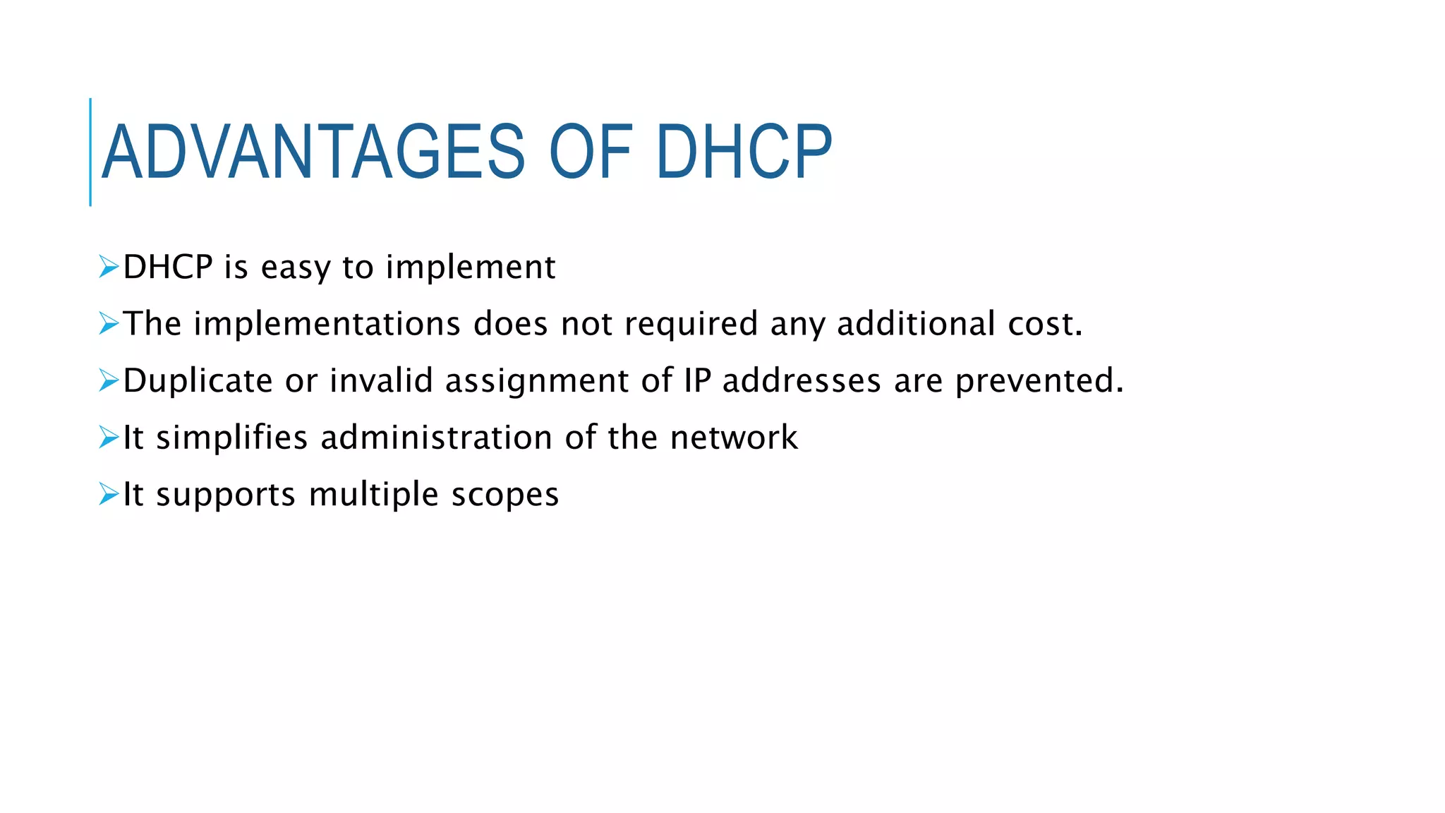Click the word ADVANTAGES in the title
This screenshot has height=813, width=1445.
pos(313,152)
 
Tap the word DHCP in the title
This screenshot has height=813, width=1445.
pos(744,152)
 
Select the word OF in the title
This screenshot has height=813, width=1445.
pos(591,152)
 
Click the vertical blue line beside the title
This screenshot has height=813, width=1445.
pos(90,152)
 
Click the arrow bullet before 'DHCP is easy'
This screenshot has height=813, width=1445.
pos(109,267)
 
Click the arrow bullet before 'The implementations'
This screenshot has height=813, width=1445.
pos(109,323)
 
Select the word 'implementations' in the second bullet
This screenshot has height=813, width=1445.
pos(327,324)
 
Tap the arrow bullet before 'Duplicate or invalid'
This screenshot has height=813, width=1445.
pos(109,380)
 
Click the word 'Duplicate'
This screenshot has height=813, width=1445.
pos(198,381)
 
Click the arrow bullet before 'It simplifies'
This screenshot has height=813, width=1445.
pos(109,437)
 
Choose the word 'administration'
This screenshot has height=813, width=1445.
pos(436,438)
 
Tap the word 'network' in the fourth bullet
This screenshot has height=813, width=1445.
pos(734,438)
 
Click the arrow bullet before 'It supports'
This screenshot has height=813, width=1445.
pos(109,493)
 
